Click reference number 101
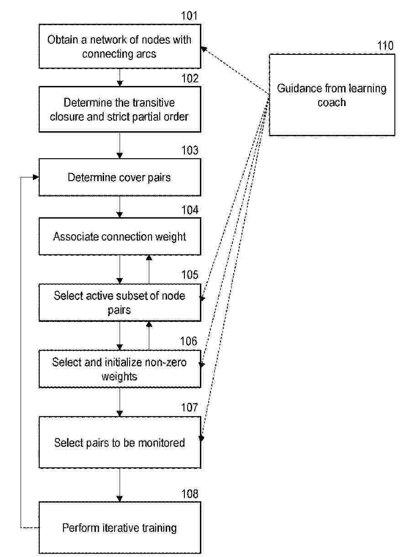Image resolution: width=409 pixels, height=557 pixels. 189,16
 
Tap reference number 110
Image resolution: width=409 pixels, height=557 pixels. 385,46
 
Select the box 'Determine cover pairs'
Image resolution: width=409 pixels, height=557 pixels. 120,177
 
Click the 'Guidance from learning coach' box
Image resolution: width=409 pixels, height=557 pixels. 332,95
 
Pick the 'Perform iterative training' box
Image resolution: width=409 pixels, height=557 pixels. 120,528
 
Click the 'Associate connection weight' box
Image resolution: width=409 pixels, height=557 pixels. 120,236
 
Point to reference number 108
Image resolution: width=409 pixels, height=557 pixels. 189,494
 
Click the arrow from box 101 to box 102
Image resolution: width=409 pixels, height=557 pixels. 120,77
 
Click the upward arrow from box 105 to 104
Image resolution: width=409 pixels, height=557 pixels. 149,269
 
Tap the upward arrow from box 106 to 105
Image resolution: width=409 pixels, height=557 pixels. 149,336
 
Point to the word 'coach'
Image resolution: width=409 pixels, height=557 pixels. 332,102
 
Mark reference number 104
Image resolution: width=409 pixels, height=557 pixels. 189,210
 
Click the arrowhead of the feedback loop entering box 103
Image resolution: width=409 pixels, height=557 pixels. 36,177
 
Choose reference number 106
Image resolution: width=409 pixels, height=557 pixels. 189,341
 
